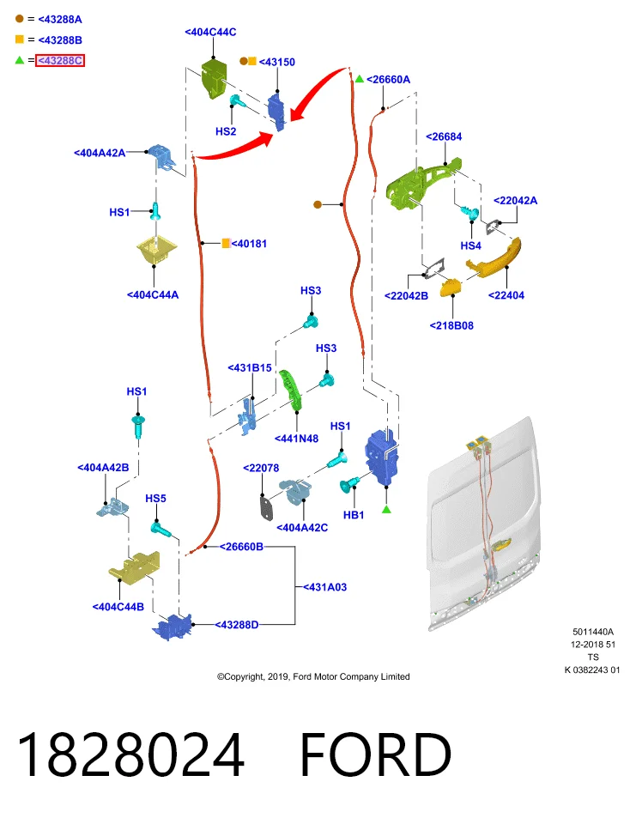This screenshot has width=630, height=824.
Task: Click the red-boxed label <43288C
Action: point(60,60)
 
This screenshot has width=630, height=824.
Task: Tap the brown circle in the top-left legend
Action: point(20,19)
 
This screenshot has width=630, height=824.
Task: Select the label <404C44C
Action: point(210,32)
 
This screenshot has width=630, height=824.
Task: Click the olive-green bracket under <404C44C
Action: point(214,78)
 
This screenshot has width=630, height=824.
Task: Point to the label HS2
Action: point(226,131)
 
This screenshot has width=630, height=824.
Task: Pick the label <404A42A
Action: point(100,153)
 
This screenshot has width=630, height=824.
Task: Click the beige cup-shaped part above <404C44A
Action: point(155,251)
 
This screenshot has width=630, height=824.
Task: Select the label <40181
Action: point(249,243)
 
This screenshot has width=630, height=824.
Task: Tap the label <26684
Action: point(444,136)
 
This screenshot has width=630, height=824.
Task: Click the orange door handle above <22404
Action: point(494,257)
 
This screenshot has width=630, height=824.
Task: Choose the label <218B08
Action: point(451,326)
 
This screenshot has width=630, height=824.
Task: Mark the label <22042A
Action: point(516,200)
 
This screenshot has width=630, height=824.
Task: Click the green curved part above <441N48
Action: point(290,390)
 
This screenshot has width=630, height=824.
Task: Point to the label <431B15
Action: point(250,368)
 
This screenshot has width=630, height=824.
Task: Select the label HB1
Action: point(354,515)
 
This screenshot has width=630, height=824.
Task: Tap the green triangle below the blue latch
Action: point(387,509)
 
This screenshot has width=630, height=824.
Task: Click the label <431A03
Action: point(325,587)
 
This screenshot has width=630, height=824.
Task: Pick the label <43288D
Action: point(237,625)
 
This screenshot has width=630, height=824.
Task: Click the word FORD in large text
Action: point(376,754)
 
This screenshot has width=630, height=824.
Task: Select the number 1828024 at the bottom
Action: point(130,754)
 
